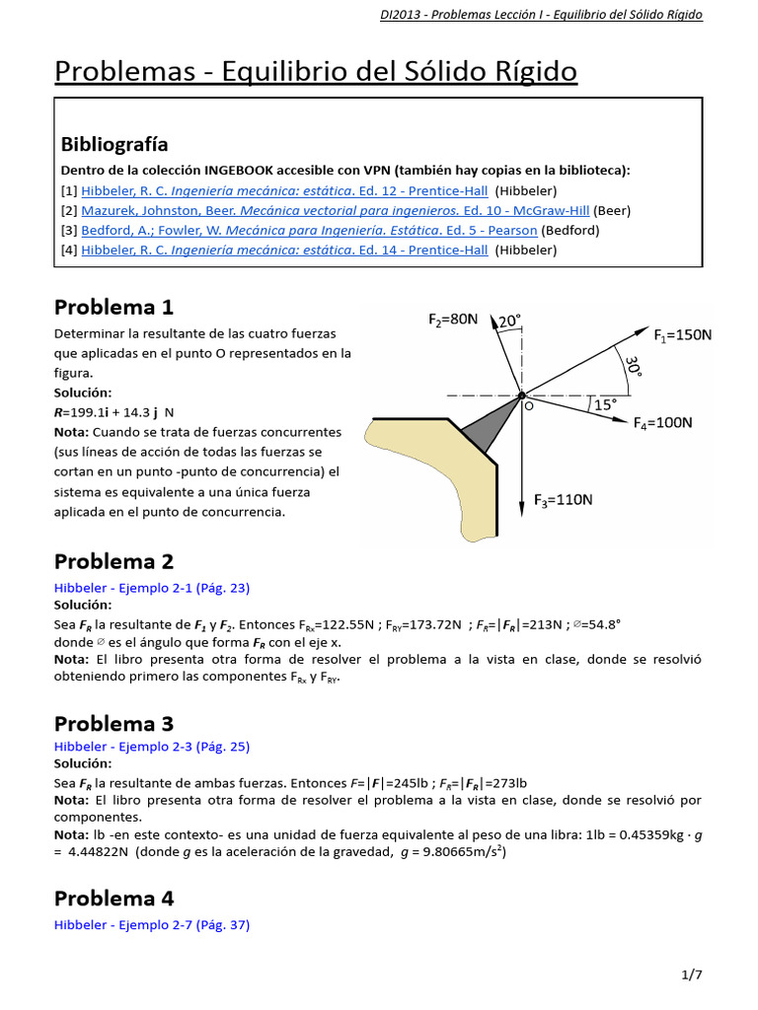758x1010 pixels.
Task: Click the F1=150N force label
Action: click(x=682, y=335)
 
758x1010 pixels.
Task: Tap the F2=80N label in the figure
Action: click(x=453, y=320)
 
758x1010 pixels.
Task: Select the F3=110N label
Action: click(x=564, y=500)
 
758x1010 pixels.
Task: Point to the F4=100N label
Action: click(x=662, y=423)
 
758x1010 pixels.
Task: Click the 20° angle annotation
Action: click(x=509, y=322)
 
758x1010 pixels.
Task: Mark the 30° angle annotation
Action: click(x=633, y=368)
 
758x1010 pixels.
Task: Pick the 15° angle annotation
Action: click(x=604, y=403)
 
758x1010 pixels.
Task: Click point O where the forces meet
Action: click(x=521, y=396)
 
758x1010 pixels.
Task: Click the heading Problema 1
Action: click(x=114, y=306)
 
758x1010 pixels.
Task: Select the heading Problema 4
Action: click(x=114, y=899)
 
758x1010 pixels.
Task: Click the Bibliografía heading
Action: click(x=114, y=144)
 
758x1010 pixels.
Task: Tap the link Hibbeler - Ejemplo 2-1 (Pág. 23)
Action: click(x=152, y=588)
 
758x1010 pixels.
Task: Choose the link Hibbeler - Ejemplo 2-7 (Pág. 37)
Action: click(x=152, y=925)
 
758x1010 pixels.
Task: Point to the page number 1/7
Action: click(x=692, y=975)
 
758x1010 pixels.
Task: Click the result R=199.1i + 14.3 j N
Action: click(x=114, y=412)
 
